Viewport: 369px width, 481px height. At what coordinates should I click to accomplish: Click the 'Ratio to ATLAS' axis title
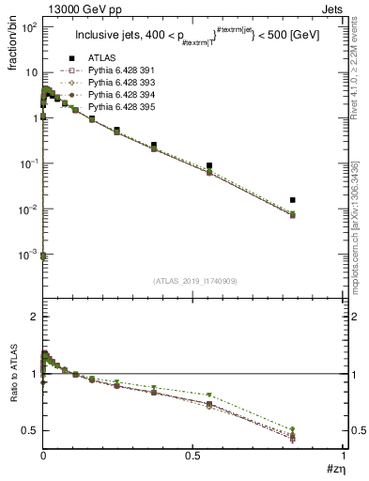pos(12,383)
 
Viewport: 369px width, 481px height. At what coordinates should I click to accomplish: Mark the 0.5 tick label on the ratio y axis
pos(28,430)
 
